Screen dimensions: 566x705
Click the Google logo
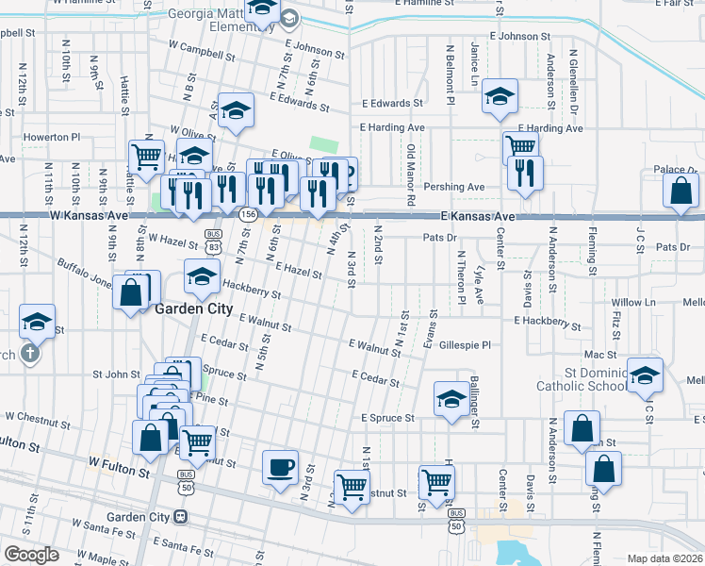(31, 555)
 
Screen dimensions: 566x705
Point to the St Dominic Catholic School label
(582, 379)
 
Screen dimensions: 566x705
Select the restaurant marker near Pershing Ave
(524, 173)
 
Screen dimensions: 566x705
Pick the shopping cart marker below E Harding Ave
(519, 146)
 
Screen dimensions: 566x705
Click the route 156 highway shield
(248, 215)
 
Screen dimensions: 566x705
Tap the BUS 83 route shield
(216, 240)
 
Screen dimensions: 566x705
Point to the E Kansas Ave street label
(479, 217)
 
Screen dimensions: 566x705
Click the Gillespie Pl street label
(466, 345)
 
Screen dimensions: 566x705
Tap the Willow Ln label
(633, 303)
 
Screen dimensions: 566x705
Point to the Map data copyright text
(665, 558)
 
